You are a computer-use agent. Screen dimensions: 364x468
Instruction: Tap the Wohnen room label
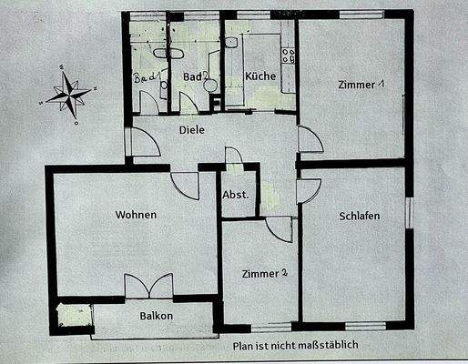(x=136, y=216)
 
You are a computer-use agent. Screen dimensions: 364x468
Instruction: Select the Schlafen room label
(x=359, y=216)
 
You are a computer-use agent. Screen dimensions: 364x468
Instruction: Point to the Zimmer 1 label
(x=361, y=85)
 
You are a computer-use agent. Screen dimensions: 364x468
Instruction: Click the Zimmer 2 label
(x=265, y=273)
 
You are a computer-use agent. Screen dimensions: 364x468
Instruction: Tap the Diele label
(x=191, y=130)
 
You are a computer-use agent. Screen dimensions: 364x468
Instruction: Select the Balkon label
(x=156, y=317)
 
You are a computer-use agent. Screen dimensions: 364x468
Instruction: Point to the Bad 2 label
(x=194, y=76)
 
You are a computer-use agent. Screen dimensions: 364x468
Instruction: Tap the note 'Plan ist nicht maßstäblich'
(x=295, y=346)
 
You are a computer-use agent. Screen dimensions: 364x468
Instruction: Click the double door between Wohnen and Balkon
(x=148, y=286)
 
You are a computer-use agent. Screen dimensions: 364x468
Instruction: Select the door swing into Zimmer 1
(x=310, y=139)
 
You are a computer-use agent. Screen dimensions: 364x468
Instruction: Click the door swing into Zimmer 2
(x=279, y=228)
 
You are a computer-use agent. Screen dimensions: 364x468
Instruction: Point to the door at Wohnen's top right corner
(x=186, y=185)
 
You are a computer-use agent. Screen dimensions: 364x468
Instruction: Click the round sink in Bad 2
(x=210, y=85)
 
